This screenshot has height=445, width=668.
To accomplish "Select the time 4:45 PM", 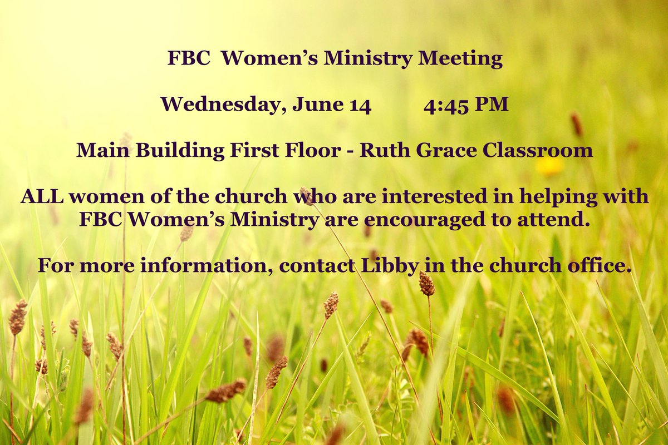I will (465, 105).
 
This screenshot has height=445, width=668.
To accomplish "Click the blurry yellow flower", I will (549, 166).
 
